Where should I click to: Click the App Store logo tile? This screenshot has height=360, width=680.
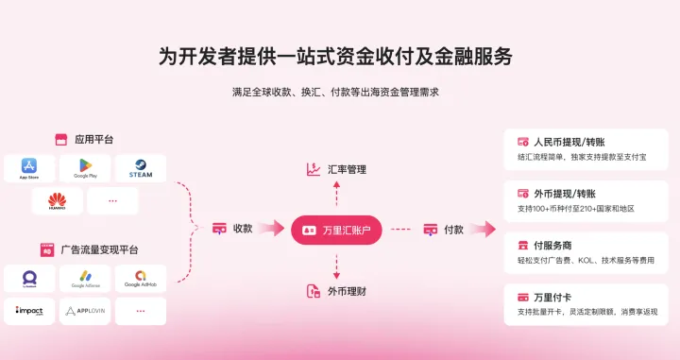coord(28,168)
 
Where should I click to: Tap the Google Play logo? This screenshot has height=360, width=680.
coord(85,168)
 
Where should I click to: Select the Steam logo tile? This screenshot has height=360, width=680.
coord(140,168)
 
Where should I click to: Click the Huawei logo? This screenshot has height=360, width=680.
coord(57,200)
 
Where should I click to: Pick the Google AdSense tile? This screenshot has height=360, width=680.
coord(85,279)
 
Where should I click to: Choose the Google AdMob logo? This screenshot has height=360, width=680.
coord(140,279)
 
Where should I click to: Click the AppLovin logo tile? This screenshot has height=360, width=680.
coord(85,311)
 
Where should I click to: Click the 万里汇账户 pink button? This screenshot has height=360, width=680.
coord(335,230)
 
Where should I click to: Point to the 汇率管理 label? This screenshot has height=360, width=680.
coord(346,169)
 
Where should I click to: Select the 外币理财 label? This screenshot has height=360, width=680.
coord(346,291)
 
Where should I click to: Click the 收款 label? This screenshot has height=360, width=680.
coord(243,229)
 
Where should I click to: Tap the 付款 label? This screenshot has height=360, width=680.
coord(453,229)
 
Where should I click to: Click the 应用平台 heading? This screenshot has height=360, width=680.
coord(94,139)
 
